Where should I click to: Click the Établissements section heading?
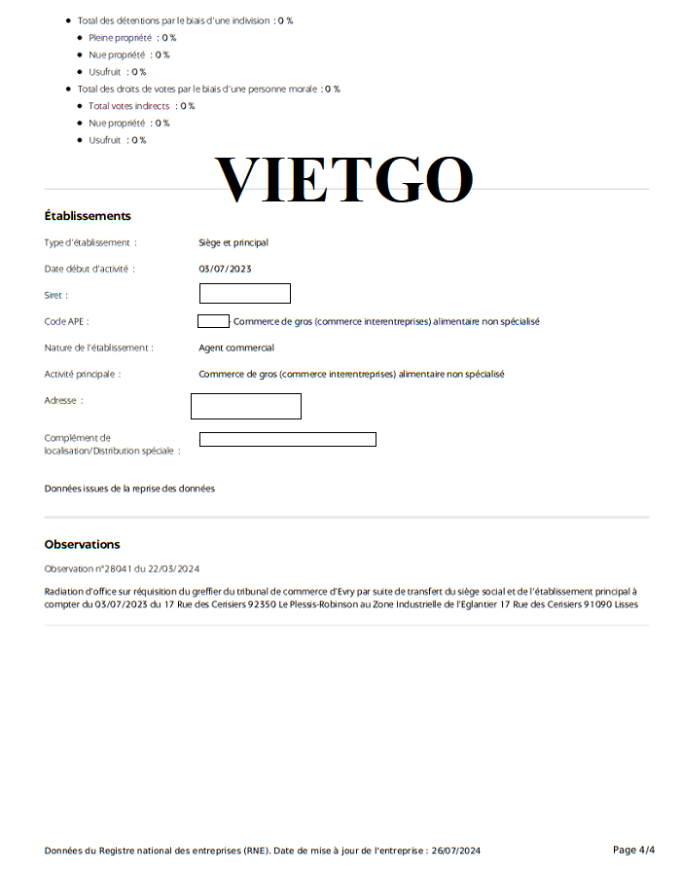click(88, 216)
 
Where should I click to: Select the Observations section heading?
click(83, 545)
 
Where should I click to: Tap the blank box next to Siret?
click(245, 293)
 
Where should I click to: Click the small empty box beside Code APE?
click(213, 321)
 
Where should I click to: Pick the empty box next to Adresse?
click(246, 406)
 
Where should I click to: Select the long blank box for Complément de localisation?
click(288, 439)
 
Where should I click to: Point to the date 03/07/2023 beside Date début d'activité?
click(225, 269)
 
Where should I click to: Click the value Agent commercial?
click(236, 347)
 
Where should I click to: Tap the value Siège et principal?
click(233, 242)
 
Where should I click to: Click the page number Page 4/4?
click(634, 850)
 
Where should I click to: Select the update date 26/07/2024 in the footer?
click(455, 851)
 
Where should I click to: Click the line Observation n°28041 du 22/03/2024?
click(122, 568)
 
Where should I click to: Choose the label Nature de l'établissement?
click(98, 347)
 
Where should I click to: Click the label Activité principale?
click(83, 374)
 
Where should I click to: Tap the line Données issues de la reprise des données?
click(129, 489)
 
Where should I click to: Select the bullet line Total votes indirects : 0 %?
click(141, 106)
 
